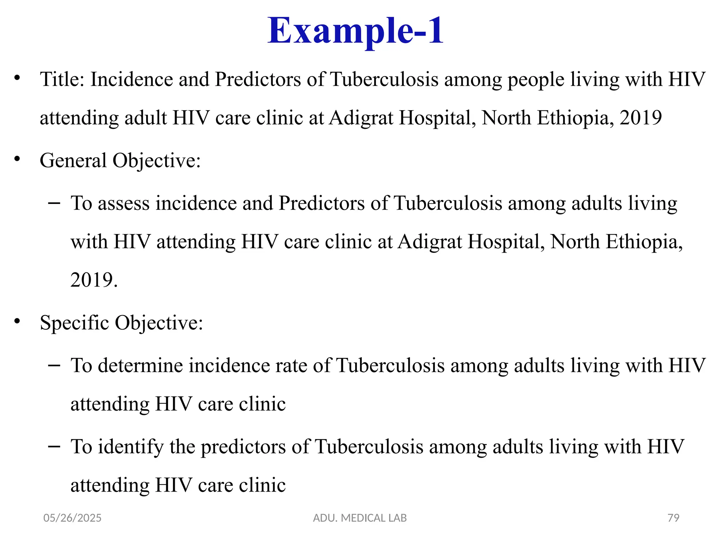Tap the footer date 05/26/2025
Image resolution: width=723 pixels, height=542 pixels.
tap(72, 518)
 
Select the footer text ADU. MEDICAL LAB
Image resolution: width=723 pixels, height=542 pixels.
tap(360, 518)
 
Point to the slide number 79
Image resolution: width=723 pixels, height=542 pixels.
tap(673, 518)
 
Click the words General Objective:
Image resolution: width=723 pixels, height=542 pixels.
tap(120, 161)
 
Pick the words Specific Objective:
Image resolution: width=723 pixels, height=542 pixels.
tap(121, 323)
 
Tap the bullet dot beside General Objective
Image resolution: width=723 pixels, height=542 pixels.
tap(17, 159)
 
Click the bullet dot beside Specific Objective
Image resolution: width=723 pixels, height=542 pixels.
tap(17, 321)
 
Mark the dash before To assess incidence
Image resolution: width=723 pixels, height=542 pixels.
tap(54, 203)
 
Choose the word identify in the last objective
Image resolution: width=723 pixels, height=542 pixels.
tap(131, 447)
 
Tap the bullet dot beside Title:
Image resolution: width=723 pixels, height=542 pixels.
tap(17, 78)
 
